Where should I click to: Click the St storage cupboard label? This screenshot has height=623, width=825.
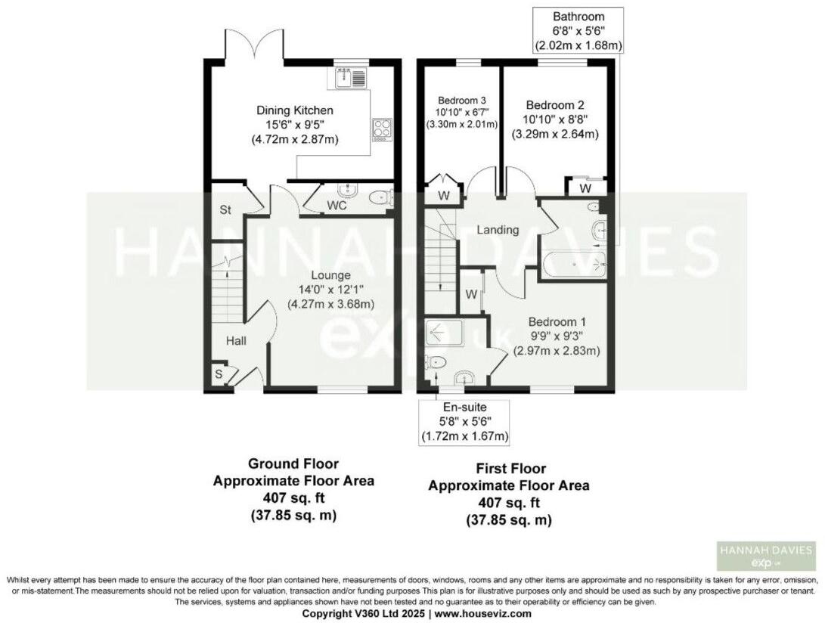tap(225, 209)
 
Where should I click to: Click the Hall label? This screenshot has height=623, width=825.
tap(236, 342)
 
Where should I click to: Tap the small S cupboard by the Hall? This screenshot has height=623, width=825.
tap(218, 374)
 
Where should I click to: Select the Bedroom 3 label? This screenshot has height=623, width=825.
tap(461, 100)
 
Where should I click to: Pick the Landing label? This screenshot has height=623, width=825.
tap(498, 230)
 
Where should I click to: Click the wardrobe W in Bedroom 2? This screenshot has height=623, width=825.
tap(585, 187)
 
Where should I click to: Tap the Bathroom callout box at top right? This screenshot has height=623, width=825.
tap(578, 30)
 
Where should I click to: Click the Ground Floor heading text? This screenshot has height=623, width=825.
tap(293, 463)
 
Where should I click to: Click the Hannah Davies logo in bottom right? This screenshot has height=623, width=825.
tap(766, 556)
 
